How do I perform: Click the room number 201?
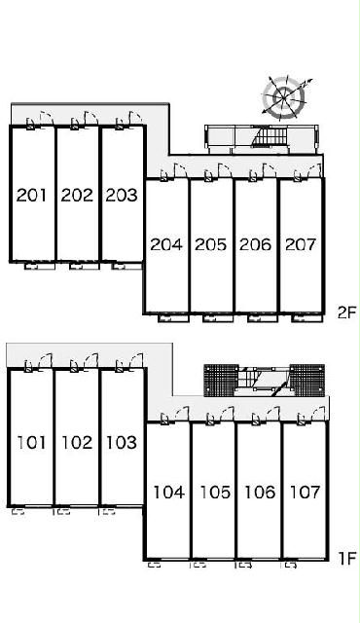click(31, 195)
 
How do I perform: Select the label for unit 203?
click(122, 195)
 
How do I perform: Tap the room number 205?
click(211, 244)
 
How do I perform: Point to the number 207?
click(301, 244)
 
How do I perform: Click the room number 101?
click(31, 442)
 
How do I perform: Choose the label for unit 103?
click(122, 442)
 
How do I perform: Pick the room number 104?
click(169, 493)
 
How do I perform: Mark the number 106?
click(260, 493)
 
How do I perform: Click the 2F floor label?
click(346, 313)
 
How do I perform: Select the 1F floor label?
click(347, 558)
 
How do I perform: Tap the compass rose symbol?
click(284, 96)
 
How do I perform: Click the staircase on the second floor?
click(269, 136)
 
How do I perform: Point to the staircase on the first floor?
click(264, 381)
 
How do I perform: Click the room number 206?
click(256, 244)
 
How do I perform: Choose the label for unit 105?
click(215, 493)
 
